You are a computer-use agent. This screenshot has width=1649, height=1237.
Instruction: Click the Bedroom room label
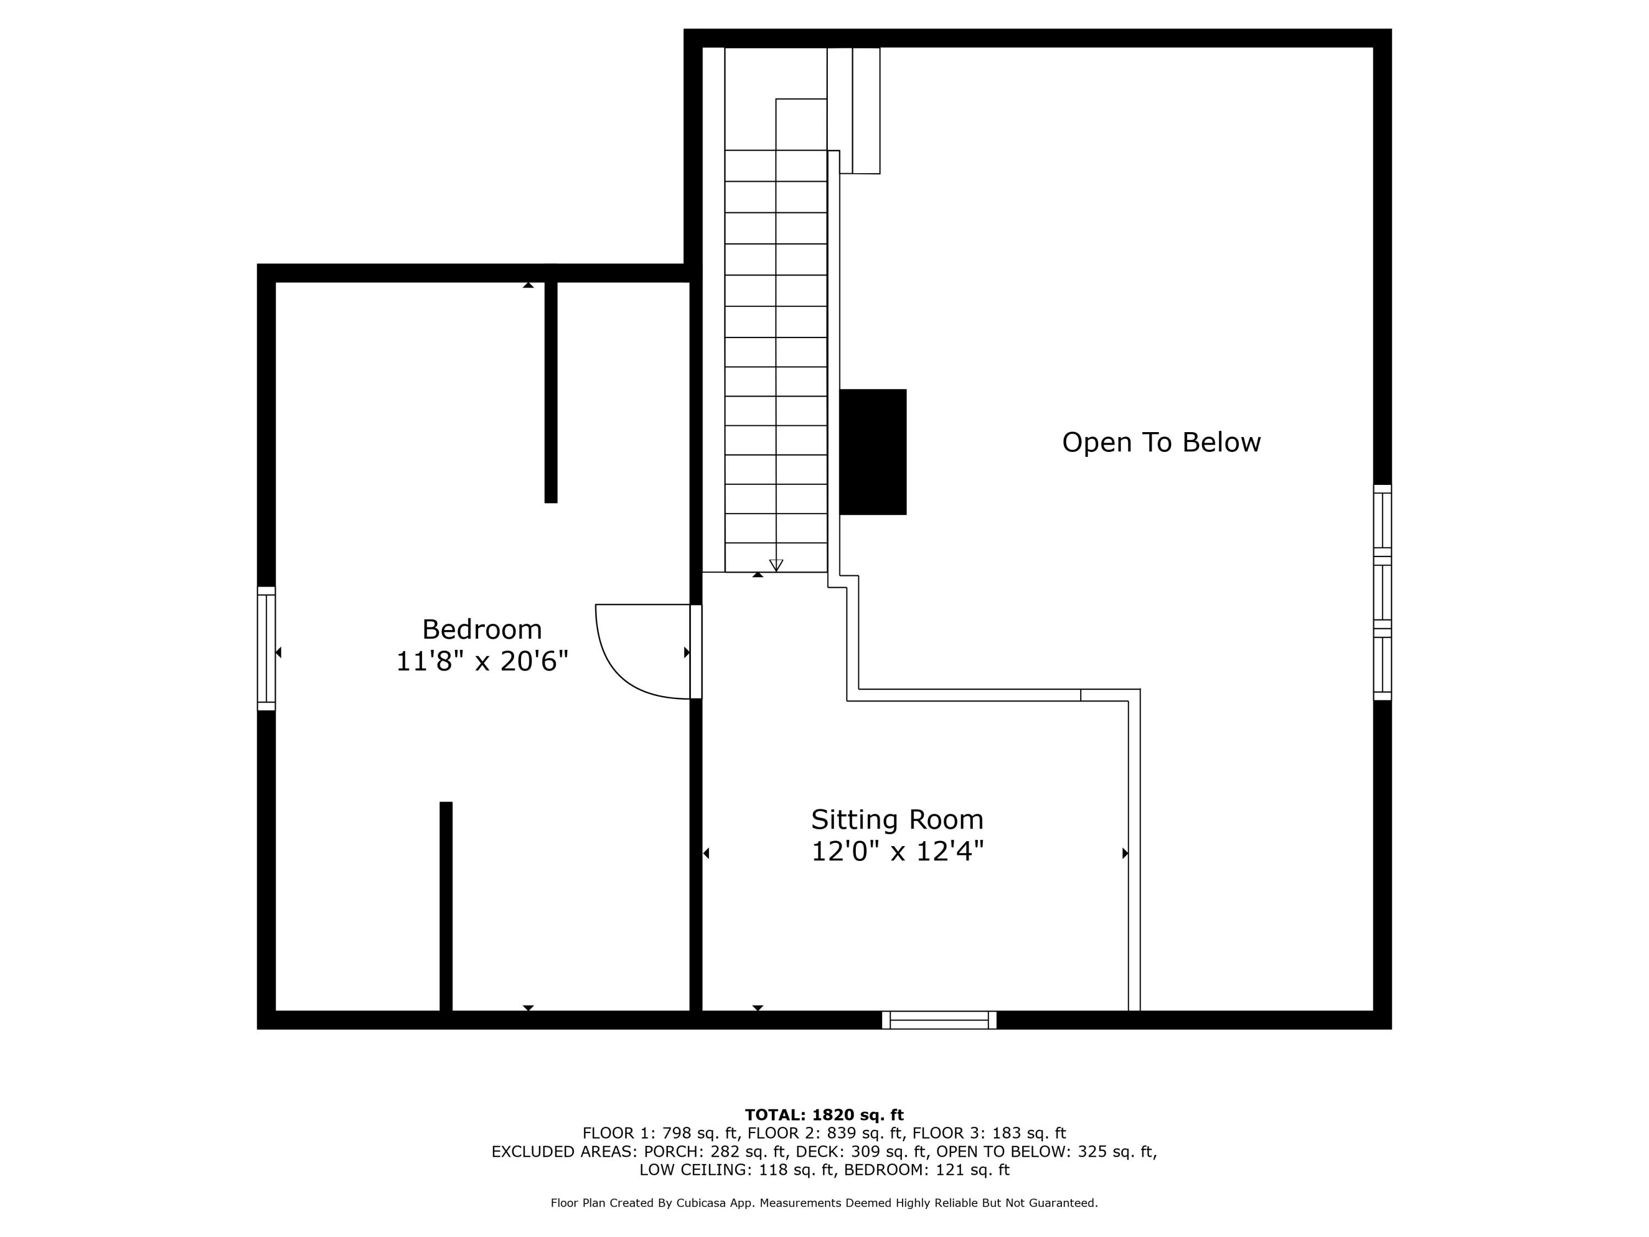point(482,630)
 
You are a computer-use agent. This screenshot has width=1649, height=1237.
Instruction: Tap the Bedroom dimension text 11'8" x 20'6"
point(482,661)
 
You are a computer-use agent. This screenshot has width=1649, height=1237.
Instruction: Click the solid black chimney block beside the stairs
point(873,452)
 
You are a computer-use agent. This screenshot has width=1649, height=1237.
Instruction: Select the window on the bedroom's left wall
point(266,648)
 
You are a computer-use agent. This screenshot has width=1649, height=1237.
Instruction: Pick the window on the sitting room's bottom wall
point(939,1020)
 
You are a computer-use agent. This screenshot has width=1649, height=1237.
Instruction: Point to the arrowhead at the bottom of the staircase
point(776,565)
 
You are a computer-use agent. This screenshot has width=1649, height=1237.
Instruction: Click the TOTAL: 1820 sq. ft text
point(824,1115)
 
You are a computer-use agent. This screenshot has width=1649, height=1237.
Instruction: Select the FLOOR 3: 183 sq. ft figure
point(989,1133)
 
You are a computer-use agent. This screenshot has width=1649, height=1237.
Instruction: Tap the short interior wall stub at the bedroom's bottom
point(446,907)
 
